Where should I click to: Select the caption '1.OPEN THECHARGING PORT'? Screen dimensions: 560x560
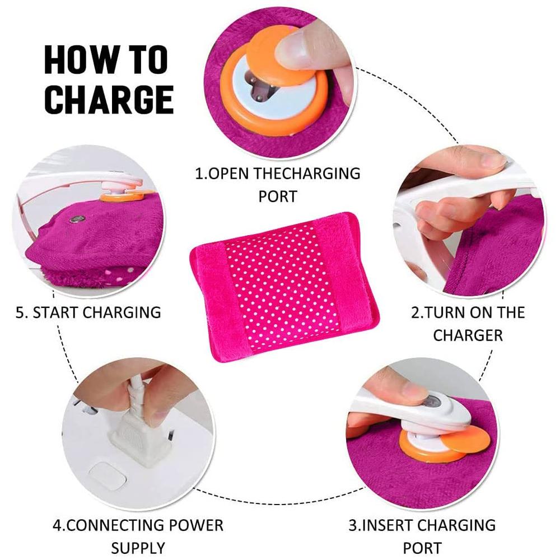[278, 184]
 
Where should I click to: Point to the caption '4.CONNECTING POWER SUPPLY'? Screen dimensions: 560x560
[138, 536]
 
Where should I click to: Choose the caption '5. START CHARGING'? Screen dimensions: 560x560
[88, 312]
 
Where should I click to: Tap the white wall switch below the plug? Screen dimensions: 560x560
[108, 477]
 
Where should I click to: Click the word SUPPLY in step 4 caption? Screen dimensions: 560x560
[138, 548]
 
